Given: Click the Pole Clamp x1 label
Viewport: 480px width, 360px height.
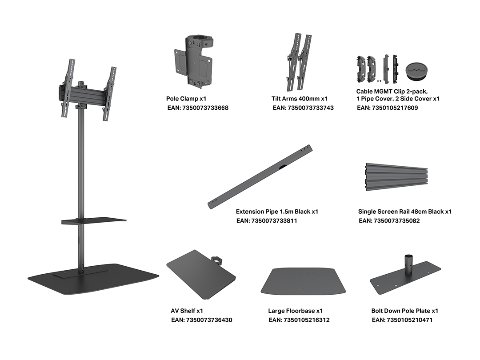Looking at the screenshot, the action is [186, 99].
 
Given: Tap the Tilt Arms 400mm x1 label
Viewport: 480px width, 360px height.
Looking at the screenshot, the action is [300, 99].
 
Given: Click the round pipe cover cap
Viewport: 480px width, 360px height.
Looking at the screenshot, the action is [416, 72].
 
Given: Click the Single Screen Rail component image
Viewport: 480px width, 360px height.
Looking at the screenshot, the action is [397, 176].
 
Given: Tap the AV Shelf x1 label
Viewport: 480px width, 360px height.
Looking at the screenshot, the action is [187, 311].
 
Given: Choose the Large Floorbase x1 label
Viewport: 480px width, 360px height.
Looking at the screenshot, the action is [296, 311].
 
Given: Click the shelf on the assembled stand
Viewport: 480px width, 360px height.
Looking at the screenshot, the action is [93, 221].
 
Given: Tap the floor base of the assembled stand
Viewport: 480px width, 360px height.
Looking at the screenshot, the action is [93, 279].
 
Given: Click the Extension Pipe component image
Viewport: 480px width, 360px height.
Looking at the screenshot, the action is [260, 177].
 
